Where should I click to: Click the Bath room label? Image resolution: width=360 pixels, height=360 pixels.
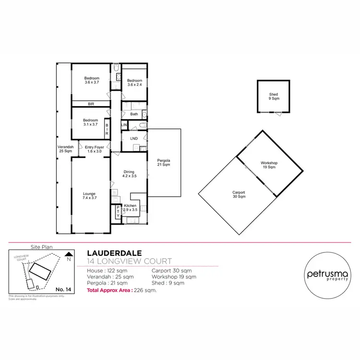[134, 114]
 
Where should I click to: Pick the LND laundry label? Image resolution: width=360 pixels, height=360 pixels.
[134, 139]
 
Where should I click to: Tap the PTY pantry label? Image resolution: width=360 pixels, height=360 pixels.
[118, 213]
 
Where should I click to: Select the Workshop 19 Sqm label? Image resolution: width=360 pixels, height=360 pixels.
[269, 165]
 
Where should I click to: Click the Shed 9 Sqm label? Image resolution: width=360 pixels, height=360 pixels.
[274, 96]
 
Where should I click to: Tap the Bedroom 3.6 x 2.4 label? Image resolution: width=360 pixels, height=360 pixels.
[135, 83]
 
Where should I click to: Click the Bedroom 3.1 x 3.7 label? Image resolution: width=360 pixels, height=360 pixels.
[90, 122]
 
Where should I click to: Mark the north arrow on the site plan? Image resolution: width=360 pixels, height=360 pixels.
[69, 256]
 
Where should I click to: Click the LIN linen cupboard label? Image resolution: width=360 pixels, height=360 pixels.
[124, 125]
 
